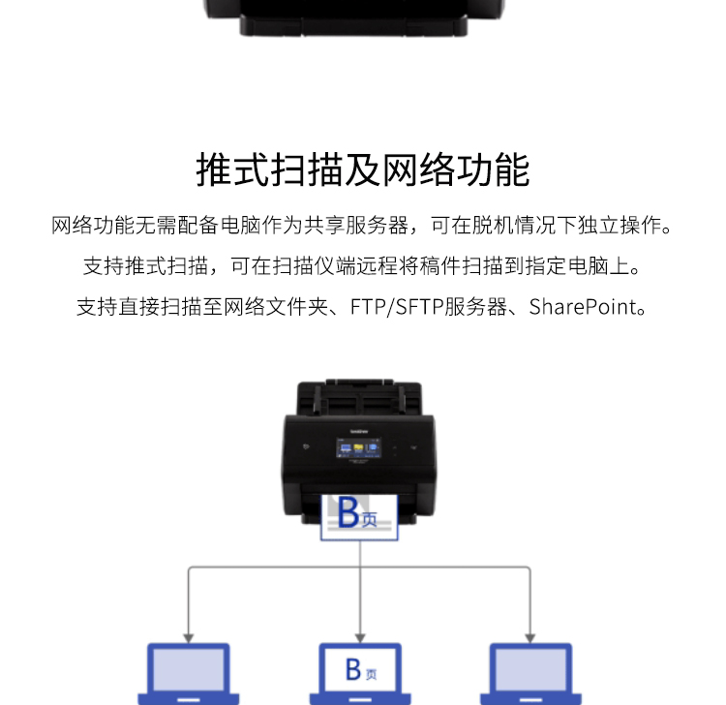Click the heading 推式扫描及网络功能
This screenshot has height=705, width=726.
pyautogui.click(x=363, y=170)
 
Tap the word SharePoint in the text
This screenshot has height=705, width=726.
pyautogui.click(x=583, y=307)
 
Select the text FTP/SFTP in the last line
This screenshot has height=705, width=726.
pyautogui.click(x=397, y=307)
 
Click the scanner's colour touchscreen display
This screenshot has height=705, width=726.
pyautogui.click(x=358, y=448)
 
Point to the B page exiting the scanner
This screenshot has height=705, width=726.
pyautogui.click(x=359, y=517)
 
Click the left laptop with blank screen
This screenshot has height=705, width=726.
pyautogui.click(x=189, y=673)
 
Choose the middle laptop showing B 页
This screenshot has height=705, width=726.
pyautogui.click(x=360, y=673)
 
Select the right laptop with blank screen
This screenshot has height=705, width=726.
pyautogui.click(x=530, y=673)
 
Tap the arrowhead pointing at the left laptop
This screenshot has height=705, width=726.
pyautogui.click(x=189, y=638)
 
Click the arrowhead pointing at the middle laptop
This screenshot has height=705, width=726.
pyautogui.click(x=360, y=638)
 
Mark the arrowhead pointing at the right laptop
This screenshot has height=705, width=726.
pyautogui.click(x=530, y=638)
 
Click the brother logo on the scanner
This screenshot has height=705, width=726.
pyautogui.click(x=359, y=431)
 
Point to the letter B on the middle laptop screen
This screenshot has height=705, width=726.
pyautogui.click(x=353, y=669)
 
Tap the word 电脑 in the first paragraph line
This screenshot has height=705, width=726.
pyautogui.click(x=241, y=225)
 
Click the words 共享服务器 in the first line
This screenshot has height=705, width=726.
pyautogui.click(x=356, y=225)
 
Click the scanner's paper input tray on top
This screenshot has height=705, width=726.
pyautogui.click(x=359, y=397)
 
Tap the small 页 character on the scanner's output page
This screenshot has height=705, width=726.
pyautogui.click(x=370, y=519)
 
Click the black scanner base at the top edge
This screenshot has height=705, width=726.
pyautogui.click(x=353, y=17)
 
